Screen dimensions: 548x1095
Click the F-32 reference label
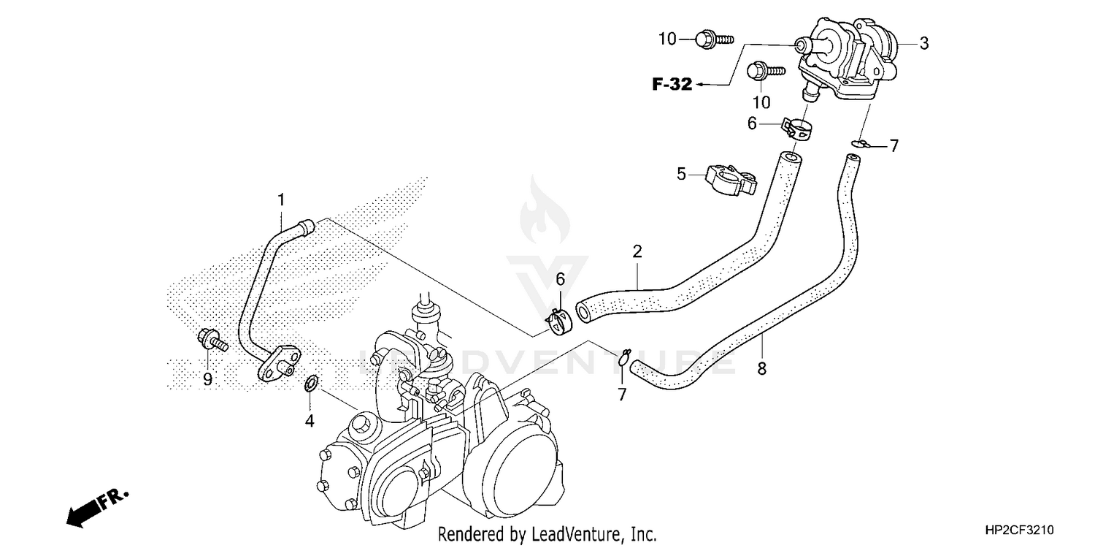[672, 85]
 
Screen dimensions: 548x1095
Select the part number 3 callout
[923, 44]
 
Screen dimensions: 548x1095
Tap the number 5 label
[681, 174]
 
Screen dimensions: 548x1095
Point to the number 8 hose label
[762, 369]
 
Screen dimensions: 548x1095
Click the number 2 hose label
[637, 252]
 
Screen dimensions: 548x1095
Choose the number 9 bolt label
[207, 379]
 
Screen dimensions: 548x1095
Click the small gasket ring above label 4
[311, 382]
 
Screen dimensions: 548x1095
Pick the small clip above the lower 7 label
[623, 357]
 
